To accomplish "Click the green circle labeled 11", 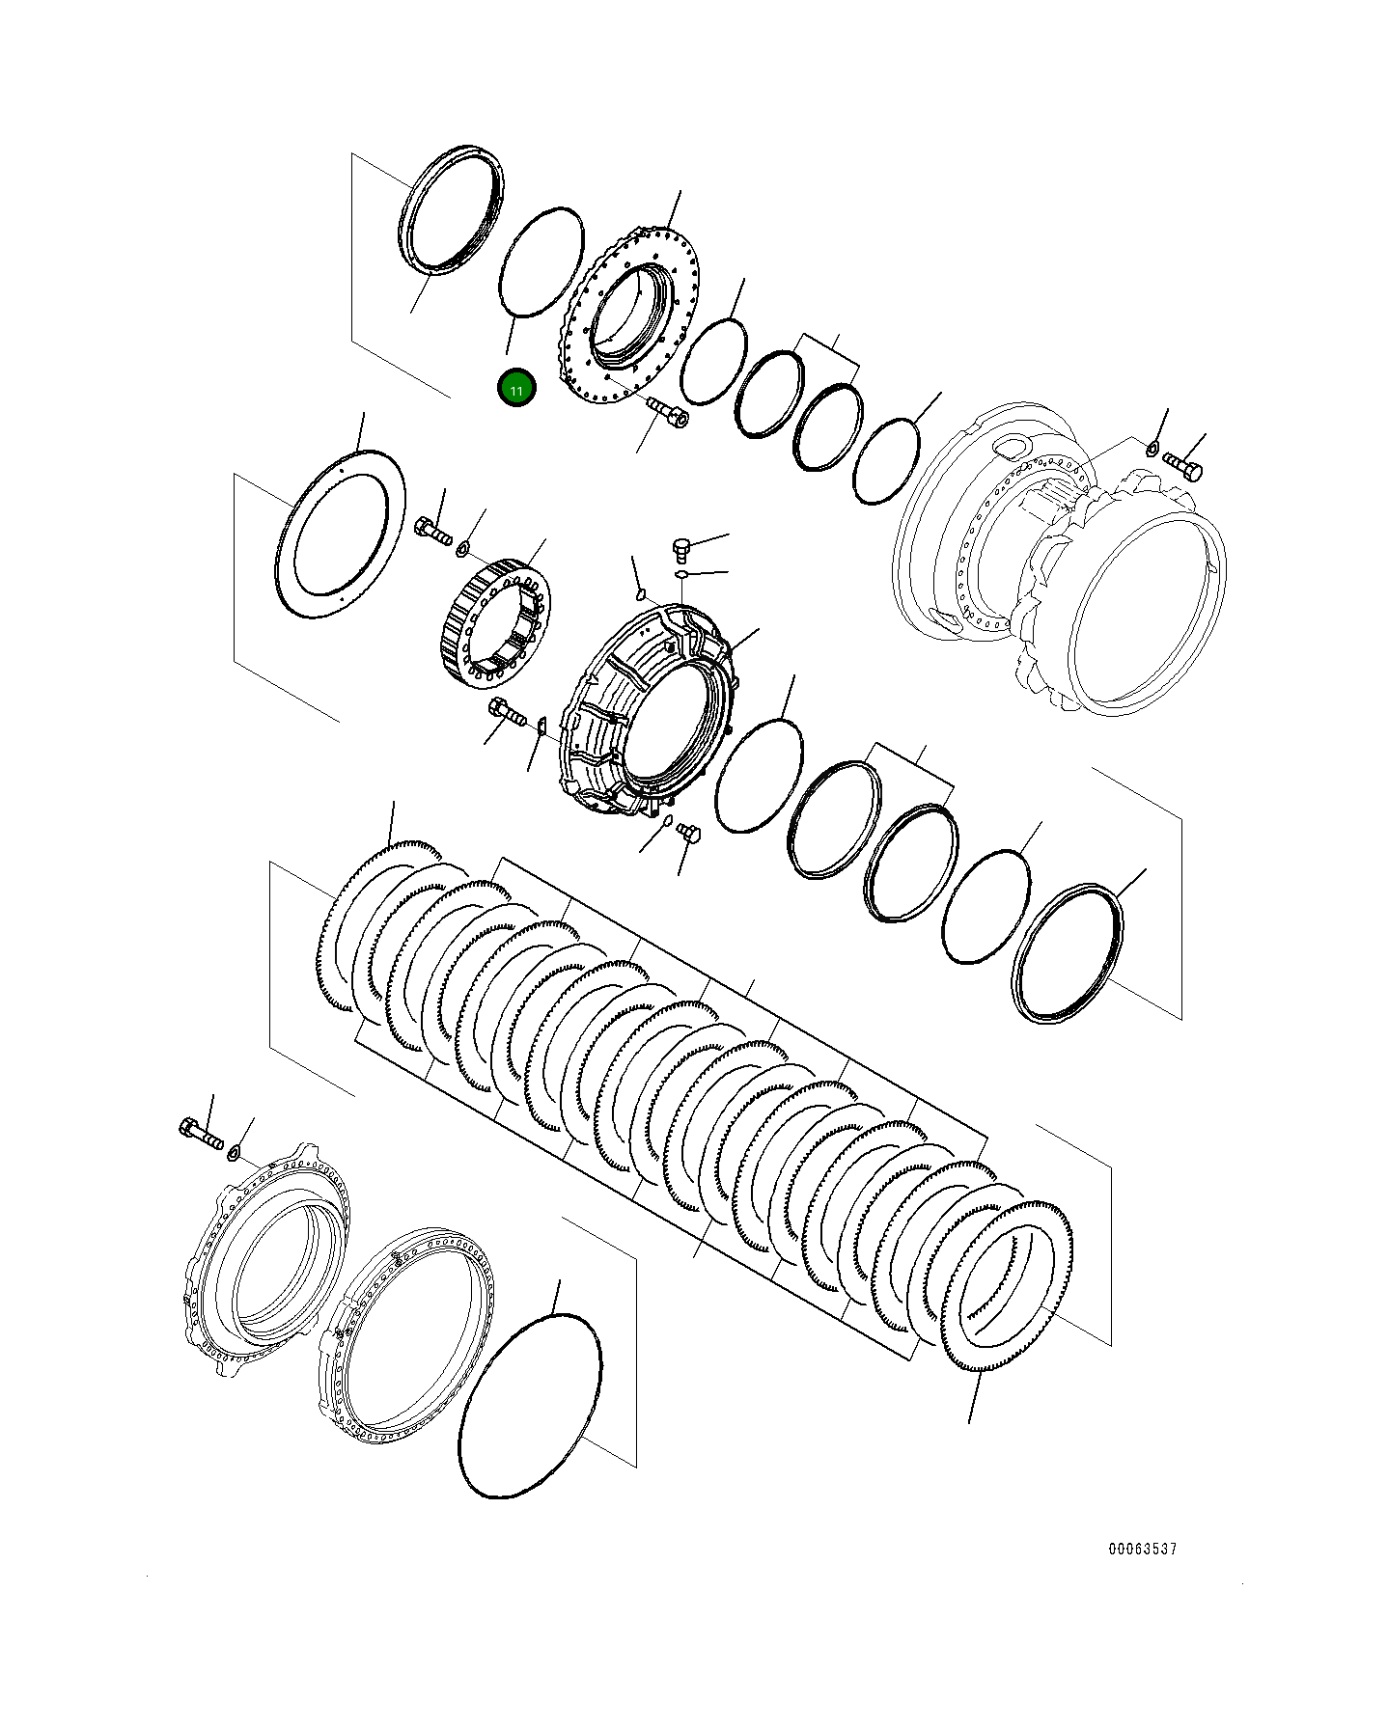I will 516,389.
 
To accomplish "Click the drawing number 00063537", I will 1142,1549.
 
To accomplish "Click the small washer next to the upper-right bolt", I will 1152,448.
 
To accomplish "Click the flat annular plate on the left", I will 340,534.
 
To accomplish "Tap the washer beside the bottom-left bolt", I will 234,1152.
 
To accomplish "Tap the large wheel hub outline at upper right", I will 1062,560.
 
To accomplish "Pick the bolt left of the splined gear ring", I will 432,531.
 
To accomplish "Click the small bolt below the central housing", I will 688,832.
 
